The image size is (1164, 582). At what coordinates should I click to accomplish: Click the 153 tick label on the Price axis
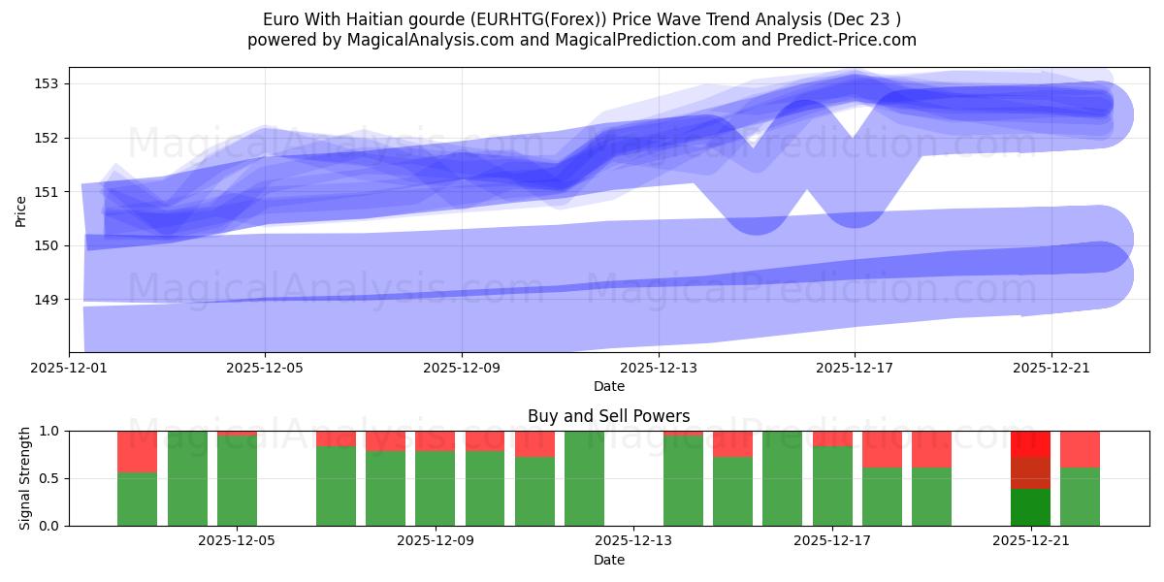point(48,83)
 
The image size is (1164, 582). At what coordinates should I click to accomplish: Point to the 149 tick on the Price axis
point(48,300)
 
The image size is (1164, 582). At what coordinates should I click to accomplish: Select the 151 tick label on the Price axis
point(48,192)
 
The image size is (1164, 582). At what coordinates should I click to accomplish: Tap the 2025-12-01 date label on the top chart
point(70,369)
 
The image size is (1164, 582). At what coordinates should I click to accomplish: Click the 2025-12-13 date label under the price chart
point(659,369)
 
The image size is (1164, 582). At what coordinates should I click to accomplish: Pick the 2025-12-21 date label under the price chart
point(1051,369)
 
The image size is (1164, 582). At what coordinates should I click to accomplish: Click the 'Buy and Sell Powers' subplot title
point(608,416)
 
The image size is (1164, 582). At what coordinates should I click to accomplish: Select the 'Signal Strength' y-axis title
point(25,478)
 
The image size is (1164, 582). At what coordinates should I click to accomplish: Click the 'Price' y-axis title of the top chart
point(21,210)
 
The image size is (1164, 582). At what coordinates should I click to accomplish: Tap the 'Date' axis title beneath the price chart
point(608,386)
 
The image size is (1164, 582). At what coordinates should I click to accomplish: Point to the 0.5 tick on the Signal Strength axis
point(48,478)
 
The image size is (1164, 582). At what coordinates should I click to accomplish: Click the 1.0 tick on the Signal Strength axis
point(48,431)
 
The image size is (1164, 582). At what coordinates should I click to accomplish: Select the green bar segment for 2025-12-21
point(1030,507)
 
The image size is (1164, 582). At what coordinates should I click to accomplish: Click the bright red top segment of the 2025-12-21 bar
point(1030,443)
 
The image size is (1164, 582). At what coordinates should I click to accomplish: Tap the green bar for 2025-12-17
point(832,486)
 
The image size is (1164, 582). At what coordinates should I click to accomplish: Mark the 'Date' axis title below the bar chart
point(608,560)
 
